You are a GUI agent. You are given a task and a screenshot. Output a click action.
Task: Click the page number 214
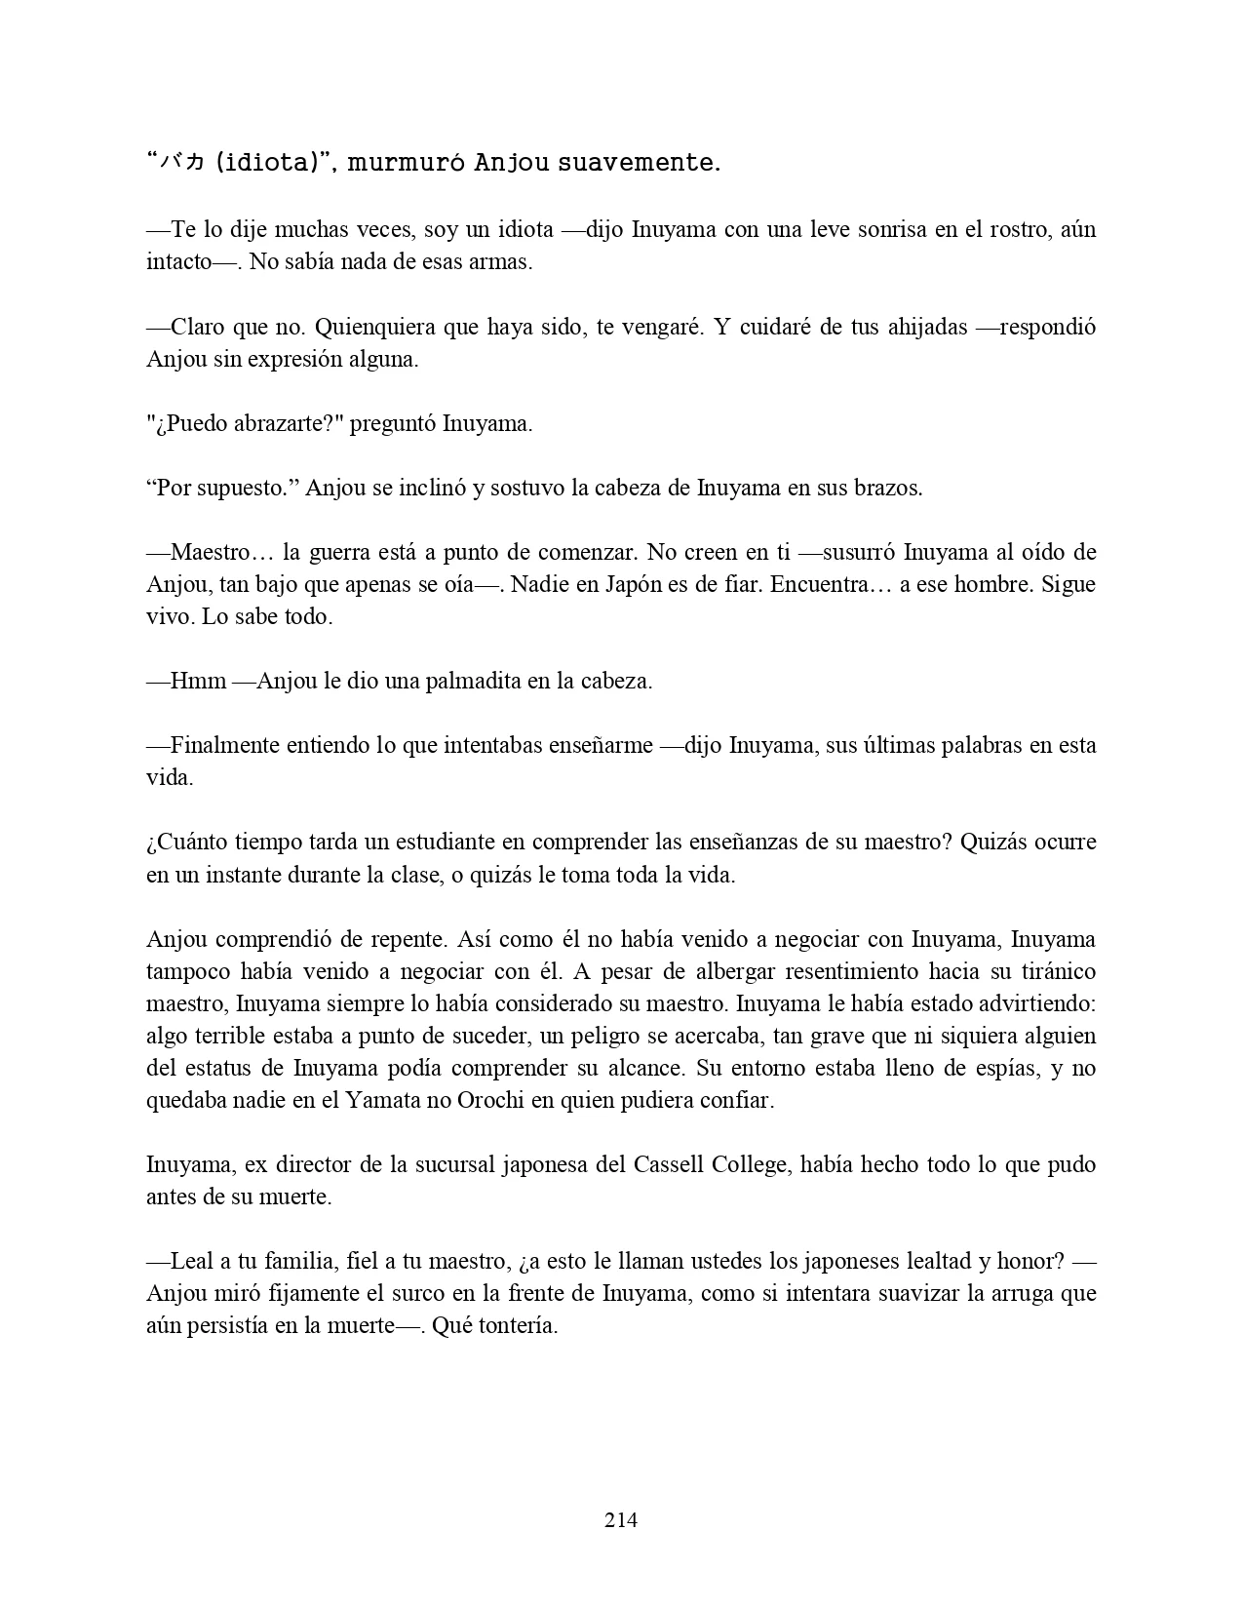(621, 1519)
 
